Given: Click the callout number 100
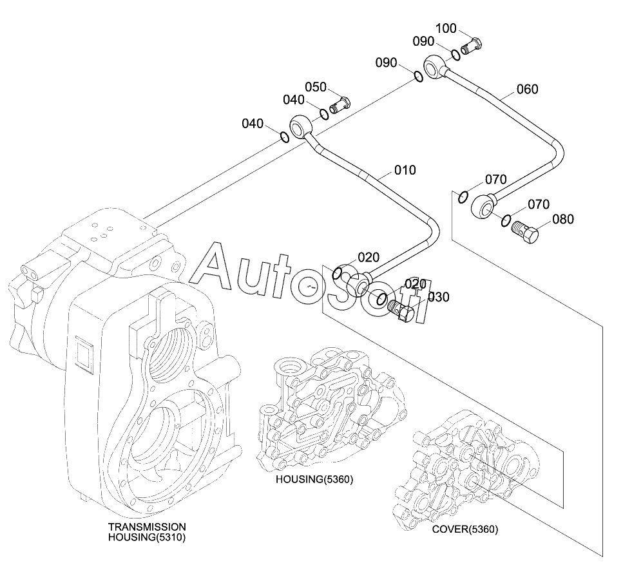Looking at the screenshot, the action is (446, 28).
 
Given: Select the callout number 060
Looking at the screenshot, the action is (527, 89).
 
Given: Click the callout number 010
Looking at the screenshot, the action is (405, 170).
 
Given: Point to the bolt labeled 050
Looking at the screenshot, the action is (340, 105).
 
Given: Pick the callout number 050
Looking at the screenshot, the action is (316, 87).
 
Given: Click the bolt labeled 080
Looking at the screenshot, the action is (524, 232).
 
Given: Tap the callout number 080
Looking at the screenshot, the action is (563, 219).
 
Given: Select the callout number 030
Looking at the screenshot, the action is (439, 297).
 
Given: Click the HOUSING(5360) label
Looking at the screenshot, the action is (314, 479).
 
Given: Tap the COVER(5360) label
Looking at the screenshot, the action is (465, 529).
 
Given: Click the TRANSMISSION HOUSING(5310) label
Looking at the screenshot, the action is (147, 532).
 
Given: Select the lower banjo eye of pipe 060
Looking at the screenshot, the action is (482, 205).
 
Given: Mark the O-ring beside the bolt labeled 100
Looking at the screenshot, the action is (455, 54).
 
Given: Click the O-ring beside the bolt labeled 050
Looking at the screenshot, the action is (325, 113).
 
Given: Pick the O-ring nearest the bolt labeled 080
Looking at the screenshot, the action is (506, 220).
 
